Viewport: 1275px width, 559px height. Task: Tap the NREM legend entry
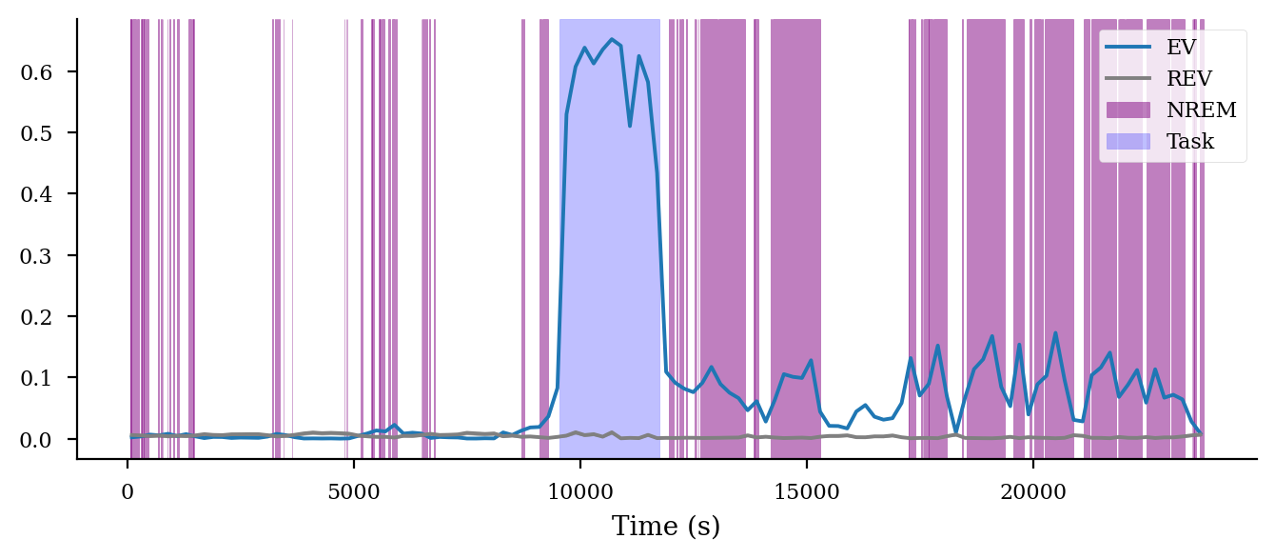(x=1201, y=110)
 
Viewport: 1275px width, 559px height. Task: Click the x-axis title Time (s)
(x=666, y=527)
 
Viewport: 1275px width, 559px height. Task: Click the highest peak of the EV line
(x=612, y=39)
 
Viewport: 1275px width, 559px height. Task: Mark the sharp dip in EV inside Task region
(x=630, y=126)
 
